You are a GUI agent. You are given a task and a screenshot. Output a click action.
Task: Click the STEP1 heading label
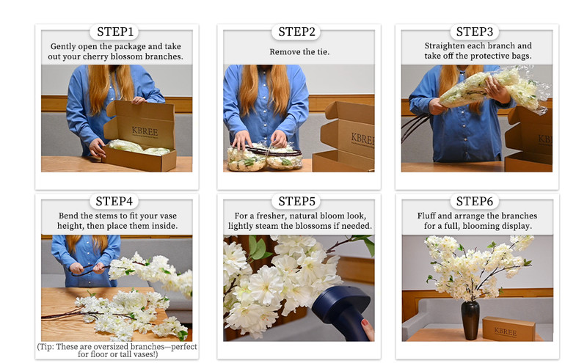[115, 32]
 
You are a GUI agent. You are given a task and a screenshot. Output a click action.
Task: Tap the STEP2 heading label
[296, 32]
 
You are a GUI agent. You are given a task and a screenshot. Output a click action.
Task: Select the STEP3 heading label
[474, 32]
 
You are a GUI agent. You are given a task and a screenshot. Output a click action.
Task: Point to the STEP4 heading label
[114, 202]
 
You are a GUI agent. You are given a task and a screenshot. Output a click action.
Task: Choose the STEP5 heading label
[296, 202]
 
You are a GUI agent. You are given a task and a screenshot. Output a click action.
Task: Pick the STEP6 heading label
[474, 202]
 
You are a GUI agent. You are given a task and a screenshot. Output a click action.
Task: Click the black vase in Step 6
[470, 320]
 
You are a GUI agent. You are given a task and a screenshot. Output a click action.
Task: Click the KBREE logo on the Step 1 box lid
[145, 131]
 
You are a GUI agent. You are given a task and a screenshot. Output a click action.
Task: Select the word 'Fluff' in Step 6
[426, 216]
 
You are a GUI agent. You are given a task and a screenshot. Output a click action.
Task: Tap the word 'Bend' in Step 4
[68, 216]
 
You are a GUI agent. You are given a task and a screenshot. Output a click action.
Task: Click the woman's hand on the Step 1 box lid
[139, 100]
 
